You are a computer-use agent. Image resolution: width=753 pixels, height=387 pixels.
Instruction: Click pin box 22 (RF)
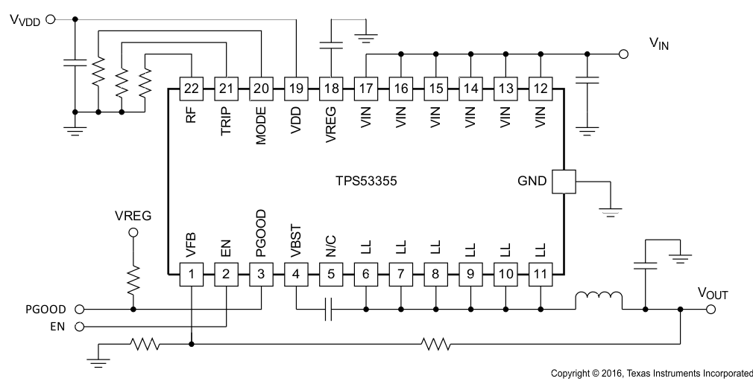192,89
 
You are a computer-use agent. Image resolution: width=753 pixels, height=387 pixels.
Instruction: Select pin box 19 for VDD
296,89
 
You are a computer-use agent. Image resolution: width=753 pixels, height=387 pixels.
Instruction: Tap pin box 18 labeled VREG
331,89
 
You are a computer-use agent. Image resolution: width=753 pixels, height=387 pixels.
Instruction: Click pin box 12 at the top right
540,89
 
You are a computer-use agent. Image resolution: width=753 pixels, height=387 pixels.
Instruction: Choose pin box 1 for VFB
192,275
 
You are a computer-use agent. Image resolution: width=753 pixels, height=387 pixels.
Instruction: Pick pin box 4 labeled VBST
296,275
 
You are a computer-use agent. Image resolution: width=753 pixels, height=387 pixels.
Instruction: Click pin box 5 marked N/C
331,275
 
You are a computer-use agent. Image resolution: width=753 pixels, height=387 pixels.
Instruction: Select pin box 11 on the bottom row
540,275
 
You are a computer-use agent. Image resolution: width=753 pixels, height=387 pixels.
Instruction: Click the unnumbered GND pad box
564,182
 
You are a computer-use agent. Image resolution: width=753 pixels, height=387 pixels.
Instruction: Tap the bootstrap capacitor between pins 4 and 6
328,308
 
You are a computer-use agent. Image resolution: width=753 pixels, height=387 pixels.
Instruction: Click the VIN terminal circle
623,54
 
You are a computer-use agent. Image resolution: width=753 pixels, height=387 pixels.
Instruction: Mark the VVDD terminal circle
50,20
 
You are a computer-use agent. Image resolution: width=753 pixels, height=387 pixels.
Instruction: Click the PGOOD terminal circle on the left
80,308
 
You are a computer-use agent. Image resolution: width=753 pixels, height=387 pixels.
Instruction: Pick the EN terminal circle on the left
80,326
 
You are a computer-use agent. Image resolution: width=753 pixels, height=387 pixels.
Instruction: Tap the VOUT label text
712,294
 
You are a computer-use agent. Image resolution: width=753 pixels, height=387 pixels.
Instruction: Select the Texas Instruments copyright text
651,372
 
